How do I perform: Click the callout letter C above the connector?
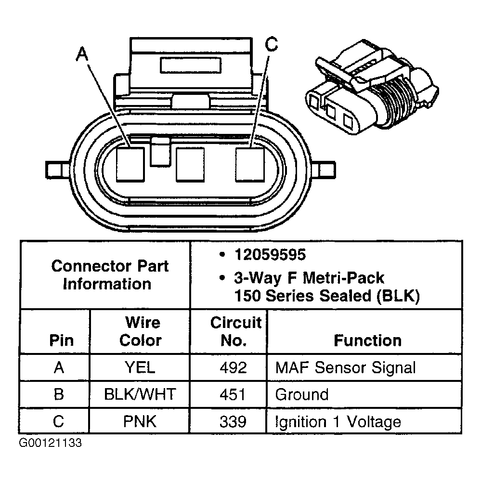(272, 44)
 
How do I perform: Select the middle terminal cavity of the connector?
(190, 164)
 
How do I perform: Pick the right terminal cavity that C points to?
(249, 164)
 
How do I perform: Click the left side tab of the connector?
(57, 170)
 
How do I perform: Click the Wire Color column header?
(140, 331)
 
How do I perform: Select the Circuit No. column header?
(235, 331)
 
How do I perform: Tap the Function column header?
(367, 340)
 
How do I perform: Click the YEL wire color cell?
(140, 368)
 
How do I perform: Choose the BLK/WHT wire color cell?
(140, 395)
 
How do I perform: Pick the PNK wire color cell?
(140, 422)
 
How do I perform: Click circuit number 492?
(233, 368)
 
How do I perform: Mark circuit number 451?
(233, 395)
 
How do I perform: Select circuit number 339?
(233, 422)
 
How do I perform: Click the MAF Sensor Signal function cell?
(345, 368)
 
